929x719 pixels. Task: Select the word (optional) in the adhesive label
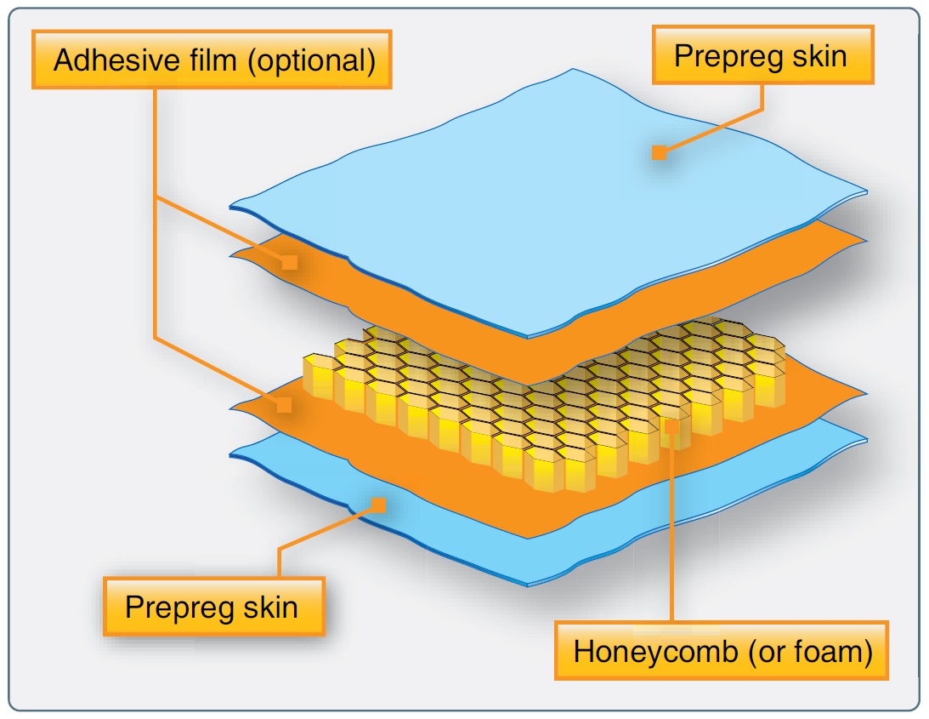pyautogui.click(x=312, y=61)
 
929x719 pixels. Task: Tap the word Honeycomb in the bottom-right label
pyautogui.click(x=656, y=652)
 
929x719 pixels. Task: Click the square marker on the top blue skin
pyautogui.click(x=659, y=152)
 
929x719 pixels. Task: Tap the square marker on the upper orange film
pyautogui.click(x=290, y=262)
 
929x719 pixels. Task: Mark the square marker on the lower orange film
pyautogui.click(x=285, y=405)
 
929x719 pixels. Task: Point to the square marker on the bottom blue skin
pyautogui.click(x=378, y=505)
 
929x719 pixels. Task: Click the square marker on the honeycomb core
pyautogui.click(x=671, y=426)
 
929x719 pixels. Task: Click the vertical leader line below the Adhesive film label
pyautogui.click(x=155, y=214)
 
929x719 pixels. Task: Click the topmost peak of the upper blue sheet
pyautogui.click(x=572, y=70)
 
